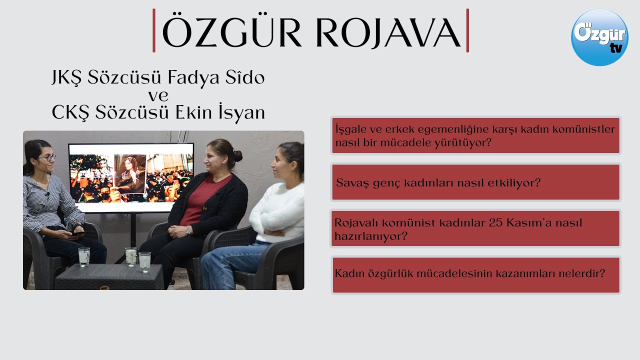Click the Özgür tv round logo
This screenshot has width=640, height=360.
click(x=599, y=37)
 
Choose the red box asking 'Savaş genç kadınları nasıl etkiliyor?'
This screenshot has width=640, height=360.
click(x=475, y=182)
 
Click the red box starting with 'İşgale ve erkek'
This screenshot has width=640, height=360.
click(x=475, y=135)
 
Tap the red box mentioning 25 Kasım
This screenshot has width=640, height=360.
click(x=475, y=228)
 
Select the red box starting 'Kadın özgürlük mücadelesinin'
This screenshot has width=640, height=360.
click(x=475, y=274)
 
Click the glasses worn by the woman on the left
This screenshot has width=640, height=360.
click(x=47, y=157)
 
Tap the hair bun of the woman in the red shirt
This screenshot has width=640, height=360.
click(x=237, y=155)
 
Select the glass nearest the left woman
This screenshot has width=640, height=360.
click(x=83, y=256)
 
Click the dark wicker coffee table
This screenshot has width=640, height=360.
click(x=109, y=277)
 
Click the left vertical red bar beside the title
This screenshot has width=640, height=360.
click(x=154, y=30)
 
